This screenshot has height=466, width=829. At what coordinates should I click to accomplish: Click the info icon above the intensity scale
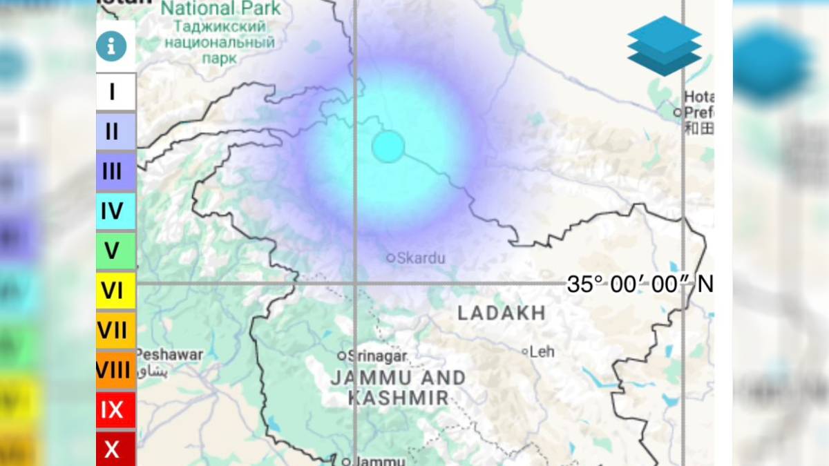click(x=111, y=46)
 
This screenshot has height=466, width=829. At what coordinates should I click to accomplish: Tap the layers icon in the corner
click(x=664, y=46)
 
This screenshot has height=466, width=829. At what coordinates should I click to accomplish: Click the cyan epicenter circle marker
click(x=388, y=146)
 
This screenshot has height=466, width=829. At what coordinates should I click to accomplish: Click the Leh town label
click(x=542, y=352)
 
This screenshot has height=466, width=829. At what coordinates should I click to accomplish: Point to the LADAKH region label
click(x=502, y=313)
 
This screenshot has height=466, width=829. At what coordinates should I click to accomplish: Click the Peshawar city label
click(x=171, y=355)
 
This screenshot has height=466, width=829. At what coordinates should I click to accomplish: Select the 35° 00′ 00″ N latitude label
click(x=639, y=284)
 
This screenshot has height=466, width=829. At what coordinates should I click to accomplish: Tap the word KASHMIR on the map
click(x=398, y=398)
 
